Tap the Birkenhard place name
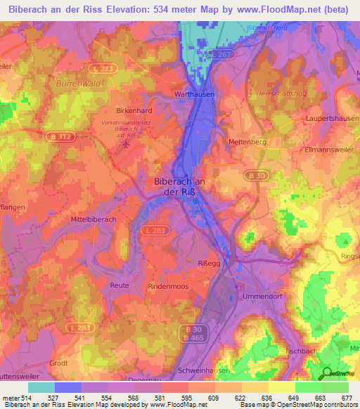pos(133,110)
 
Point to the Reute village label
pos(120,285)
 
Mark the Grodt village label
pos(58,363)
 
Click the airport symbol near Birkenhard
pos(125,145)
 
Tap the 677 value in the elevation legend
pos(347,398)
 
